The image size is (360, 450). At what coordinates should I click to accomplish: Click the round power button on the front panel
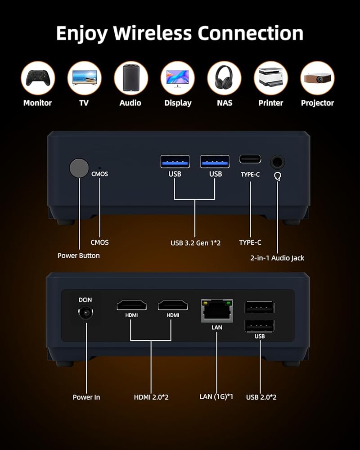[79, 168]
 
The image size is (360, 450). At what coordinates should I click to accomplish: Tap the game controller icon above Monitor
[38, 78]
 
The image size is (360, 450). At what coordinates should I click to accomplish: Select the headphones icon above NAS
[224, 78]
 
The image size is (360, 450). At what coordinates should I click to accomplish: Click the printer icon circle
[271, 78]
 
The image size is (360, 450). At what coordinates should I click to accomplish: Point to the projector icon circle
[317, 78]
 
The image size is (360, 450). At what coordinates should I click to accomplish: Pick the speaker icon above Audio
[130, 78]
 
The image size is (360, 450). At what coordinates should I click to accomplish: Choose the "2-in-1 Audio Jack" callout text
[277, 258]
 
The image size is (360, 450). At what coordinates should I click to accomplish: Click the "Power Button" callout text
[79, 256]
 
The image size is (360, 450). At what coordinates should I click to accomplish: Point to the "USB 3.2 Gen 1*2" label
[195, 243]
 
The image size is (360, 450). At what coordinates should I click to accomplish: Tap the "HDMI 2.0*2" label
[151, 397]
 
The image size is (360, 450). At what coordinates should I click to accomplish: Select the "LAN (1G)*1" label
[216, 396]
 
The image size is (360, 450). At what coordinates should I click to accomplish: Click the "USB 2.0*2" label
[261, 397]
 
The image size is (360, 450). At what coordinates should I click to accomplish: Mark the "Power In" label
[86, 397]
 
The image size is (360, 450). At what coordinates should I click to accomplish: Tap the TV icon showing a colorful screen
[84, 78]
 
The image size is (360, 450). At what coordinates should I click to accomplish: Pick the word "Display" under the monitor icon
[178, 103]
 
